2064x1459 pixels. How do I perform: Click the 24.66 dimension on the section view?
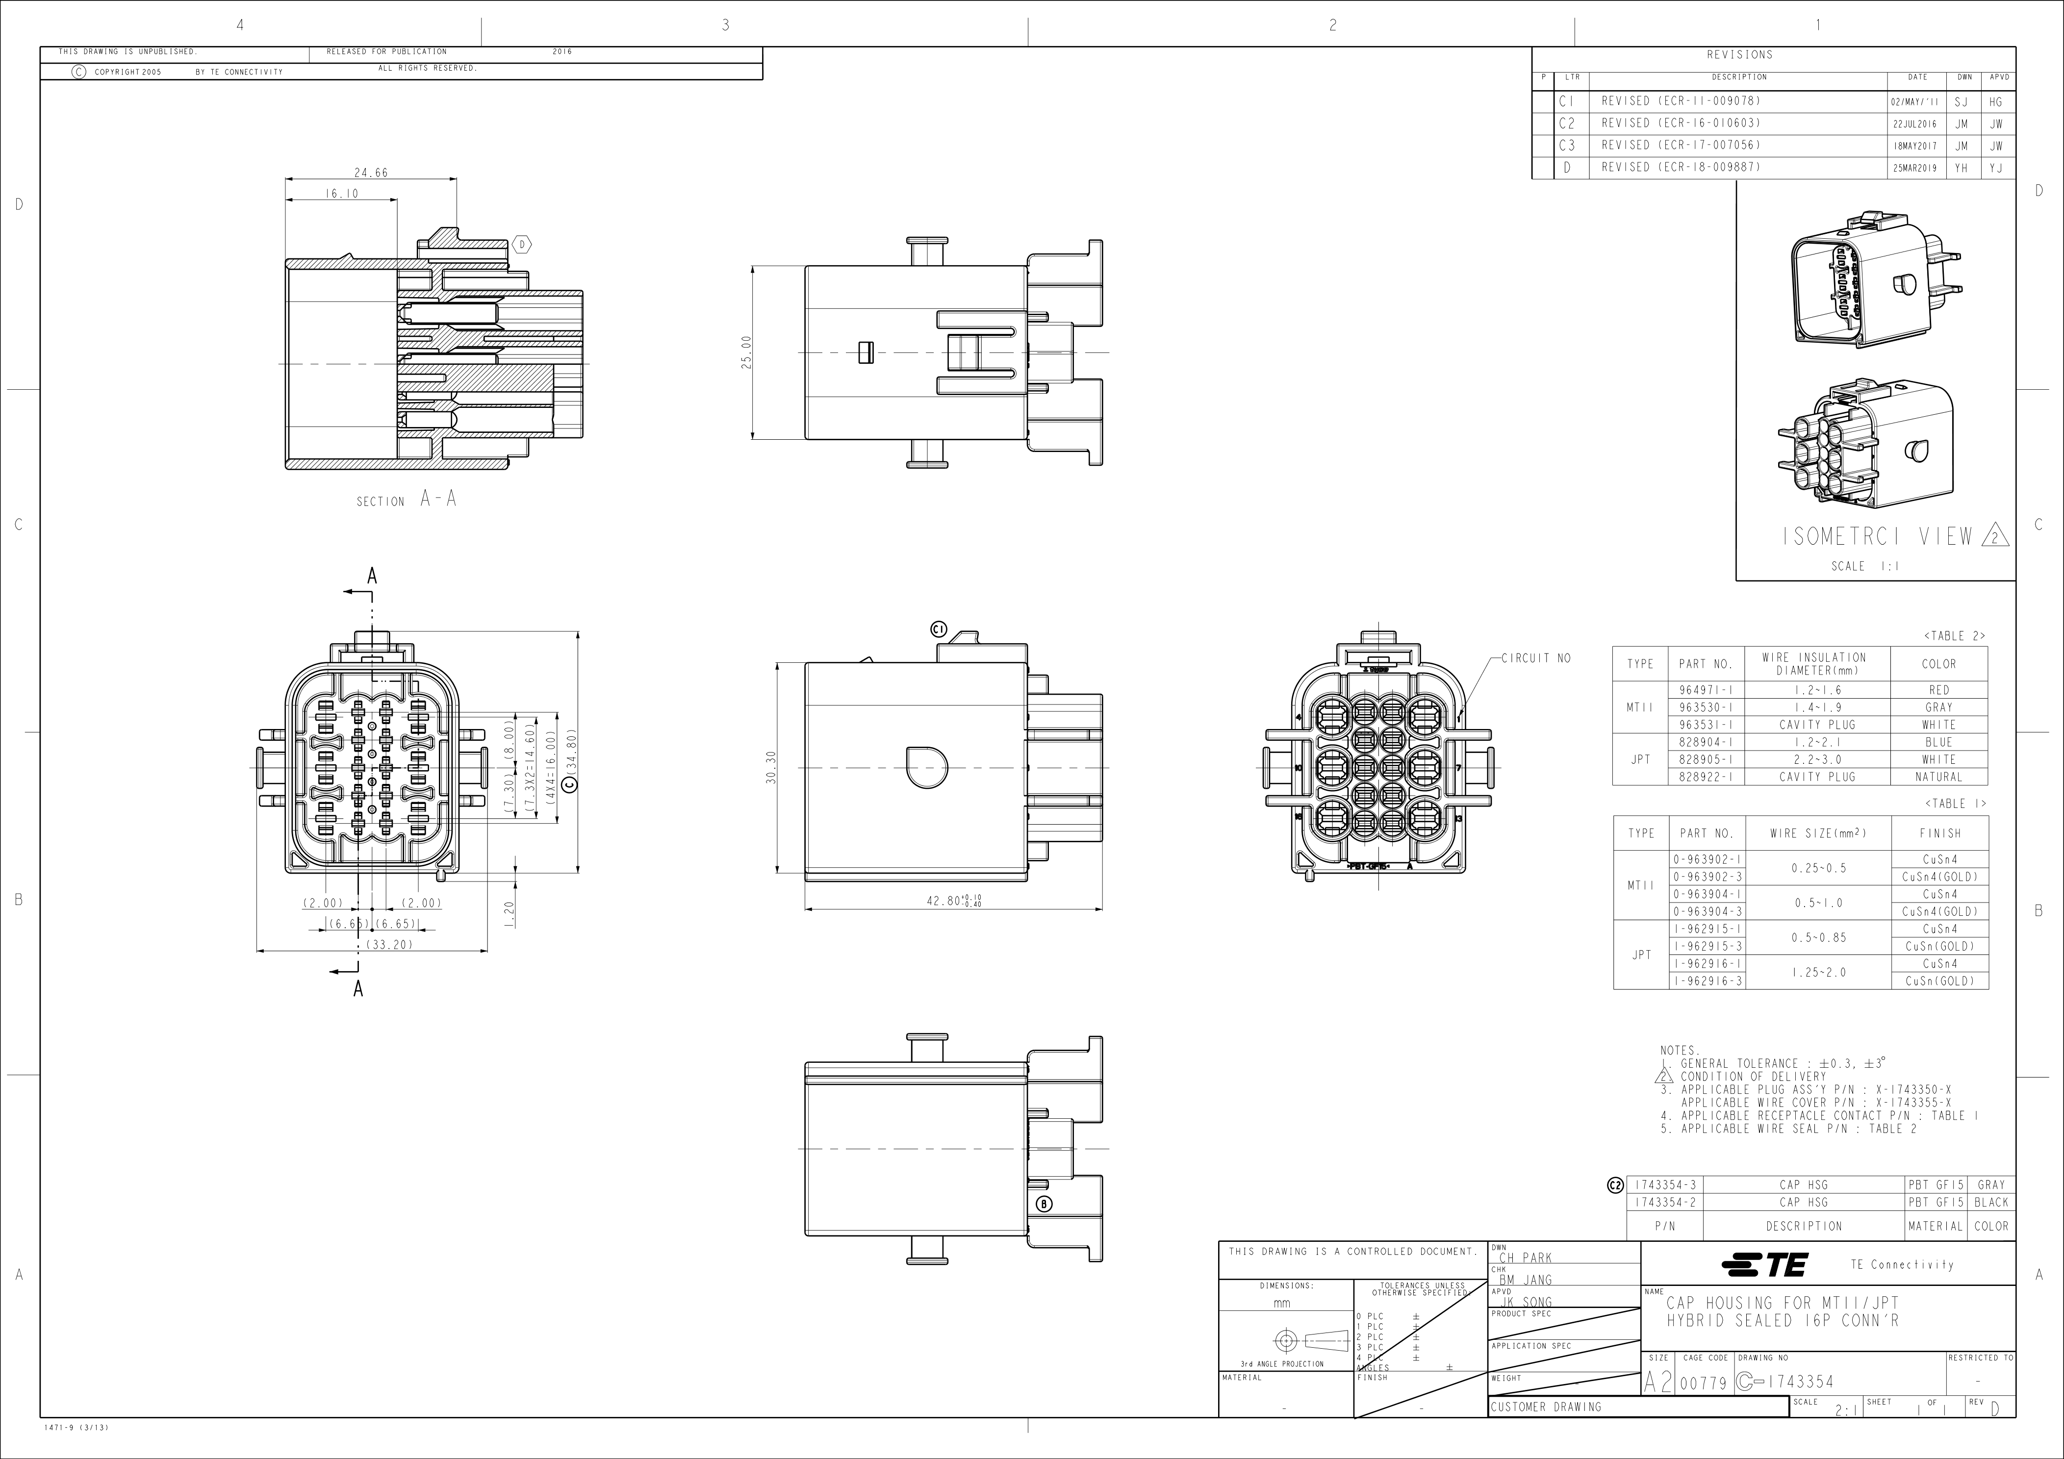click(370, 173)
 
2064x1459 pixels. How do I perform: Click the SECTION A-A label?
click(407, 500)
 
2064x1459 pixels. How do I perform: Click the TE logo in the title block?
click(1764, 1265)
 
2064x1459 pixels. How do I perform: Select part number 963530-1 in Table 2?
click(1706, 707)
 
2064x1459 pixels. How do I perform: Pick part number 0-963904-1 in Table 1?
click(1706, 894)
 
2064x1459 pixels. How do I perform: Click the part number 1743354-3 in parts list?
click(1664, 1185)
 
